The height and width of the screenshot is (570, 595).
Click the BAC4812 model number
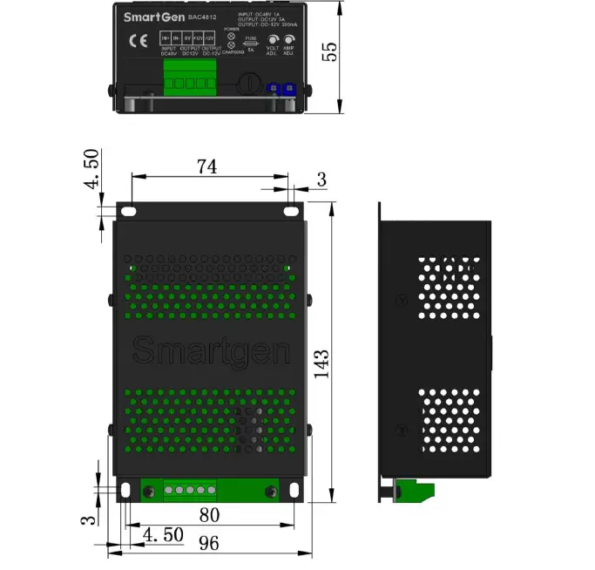[x=203, y=17]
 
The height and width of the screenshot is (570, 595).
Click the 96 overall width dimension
[x=208, y=544]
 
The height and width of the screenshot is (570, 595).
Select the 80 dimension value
[x=208, y=514]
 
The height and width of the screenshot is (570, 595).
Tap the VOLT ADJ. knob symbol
[x=274, y=40]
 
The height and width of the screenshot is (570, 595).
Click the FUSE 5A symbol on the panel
[x=250, y=43]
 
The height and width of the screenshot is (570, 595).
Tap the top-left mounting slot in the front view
[x=128, y=211]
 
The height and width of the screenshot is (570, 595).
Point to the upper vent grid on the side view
[x=448, y=287]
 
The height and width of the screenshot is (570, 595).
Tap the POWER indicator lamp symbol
[x=231, y=36]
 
